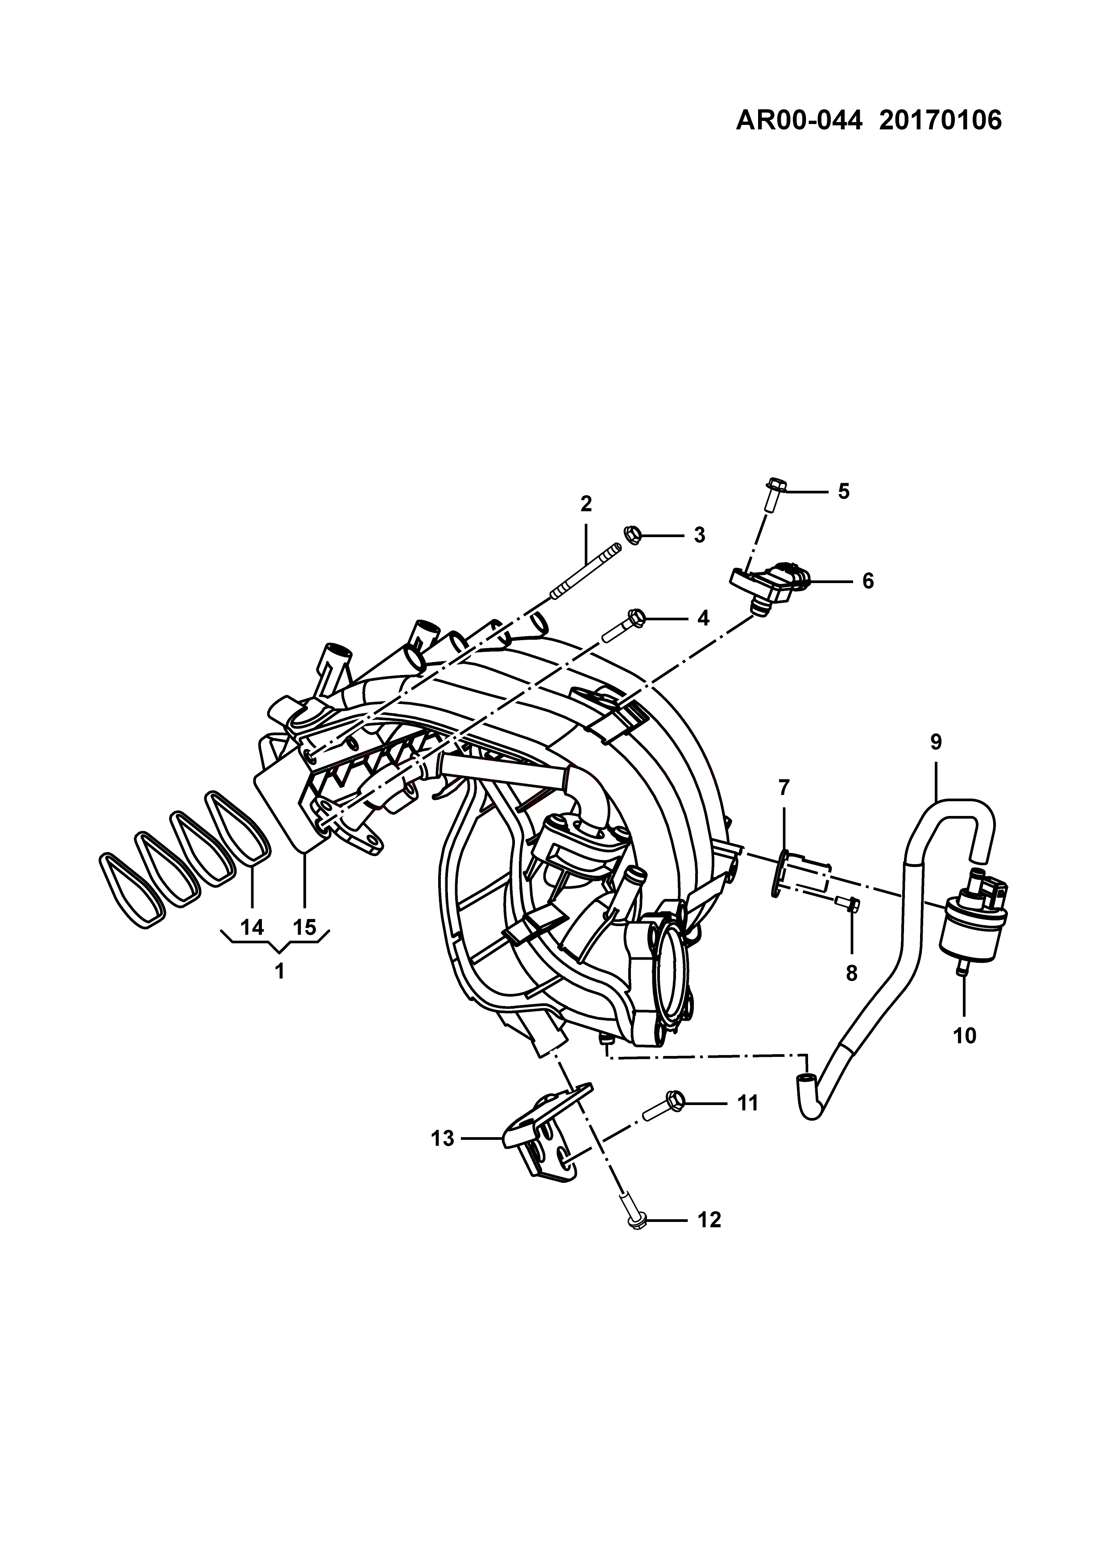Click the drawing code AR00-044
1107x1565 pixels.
click(x=799, y=120)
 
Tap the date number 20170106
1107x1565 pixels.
click(x=941, y=120)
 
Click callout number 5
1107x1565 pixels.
click(x=844, y=492)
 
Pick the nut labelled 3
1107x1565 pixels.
click(x=632, y=534)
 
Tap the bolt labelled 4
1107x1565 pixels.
click(x=622, y=626)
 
